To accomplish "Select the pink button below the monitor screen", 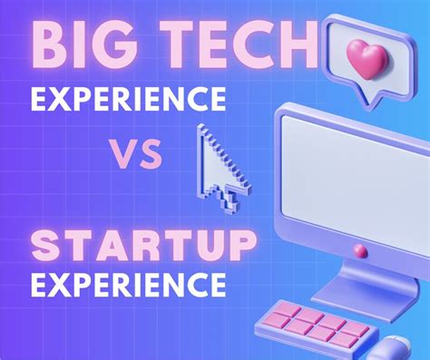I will pyautogui.click(x=359, y=248).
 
